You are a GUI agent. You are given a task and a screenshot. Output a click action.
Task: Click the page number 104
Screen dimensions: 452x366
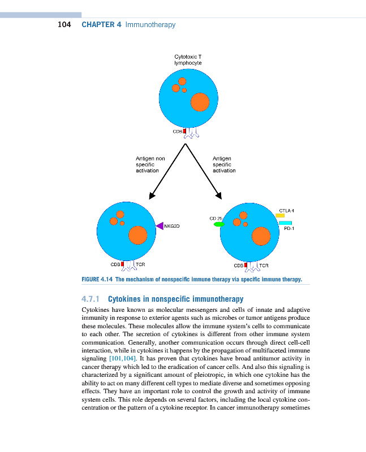64,25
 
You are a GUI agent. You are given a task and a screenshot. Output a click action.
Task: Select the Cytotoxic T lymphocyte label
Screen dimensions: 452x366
188,60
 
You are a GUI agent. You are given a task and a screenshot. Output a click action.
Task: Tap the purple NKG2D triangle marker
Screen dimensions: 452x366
160,226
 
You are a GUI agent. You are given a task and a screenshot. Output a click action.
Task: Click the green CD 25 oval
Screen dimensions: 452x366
219,224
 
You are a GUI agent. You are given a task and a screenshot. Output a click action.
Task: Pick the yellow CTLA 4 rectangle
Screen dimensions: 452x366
280,216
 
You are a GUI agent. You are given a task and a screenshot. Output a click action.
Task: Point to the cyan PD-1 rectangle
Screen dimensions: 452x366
285,223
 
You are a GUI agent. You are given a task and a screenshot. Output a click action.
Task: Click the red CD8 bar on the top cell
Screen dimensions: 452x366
185,132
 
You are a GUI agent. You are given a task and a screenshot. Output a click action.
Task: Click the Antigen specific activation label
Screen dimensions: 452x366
224,164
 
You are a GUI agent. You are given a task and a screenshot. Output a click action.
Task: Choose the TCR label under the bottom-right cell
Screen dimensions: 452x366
263,264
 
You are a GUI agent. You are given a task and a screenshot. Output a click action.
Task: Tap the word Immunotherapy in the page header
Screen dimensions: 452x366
150,25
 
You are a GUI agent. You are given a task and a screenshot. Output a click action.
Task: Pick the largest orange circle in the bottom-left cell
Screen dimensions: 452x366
137,234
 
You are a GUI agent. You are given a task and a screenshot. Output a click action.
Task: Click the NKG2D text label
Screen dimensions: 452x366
171,226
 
